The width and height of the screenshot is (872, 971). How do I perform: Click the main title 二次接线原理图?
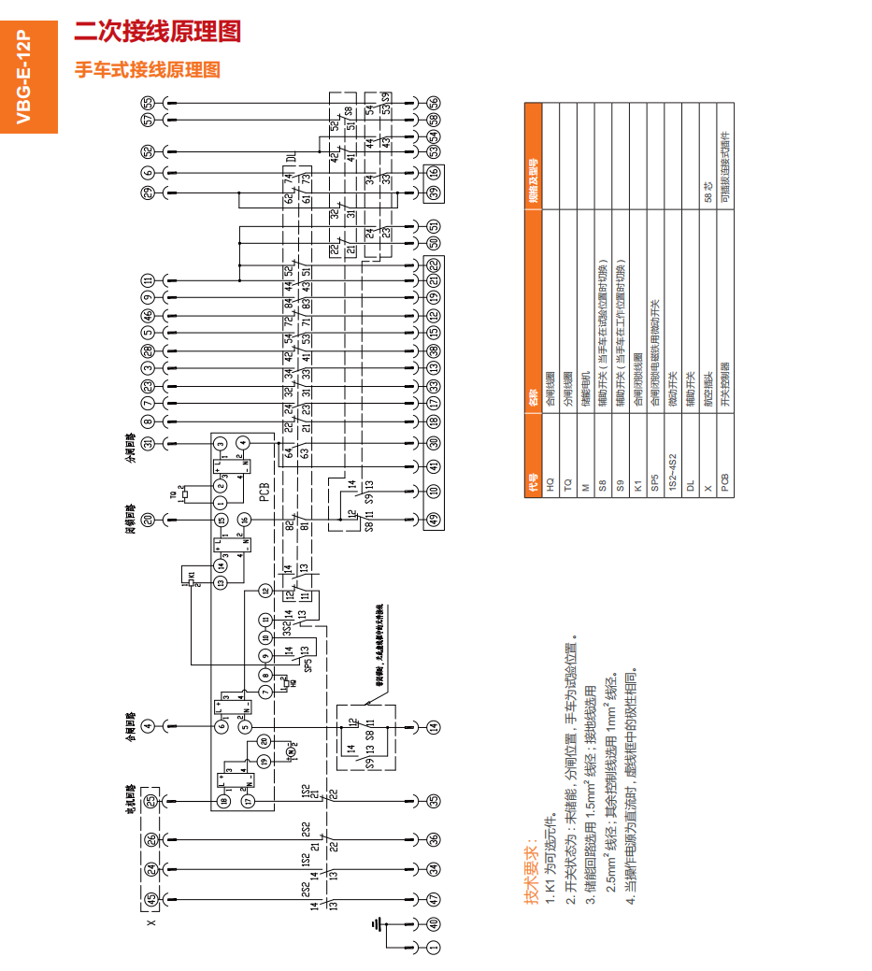click(157, 32)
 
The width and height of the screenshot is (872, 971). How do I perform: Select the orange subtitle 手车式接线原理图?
click(148, 70)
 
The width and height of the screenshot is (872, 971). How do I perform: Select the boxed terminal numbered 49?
click(434, 520)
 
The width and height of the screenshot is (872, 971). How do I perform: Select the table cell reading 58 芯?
click(708, 191)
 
